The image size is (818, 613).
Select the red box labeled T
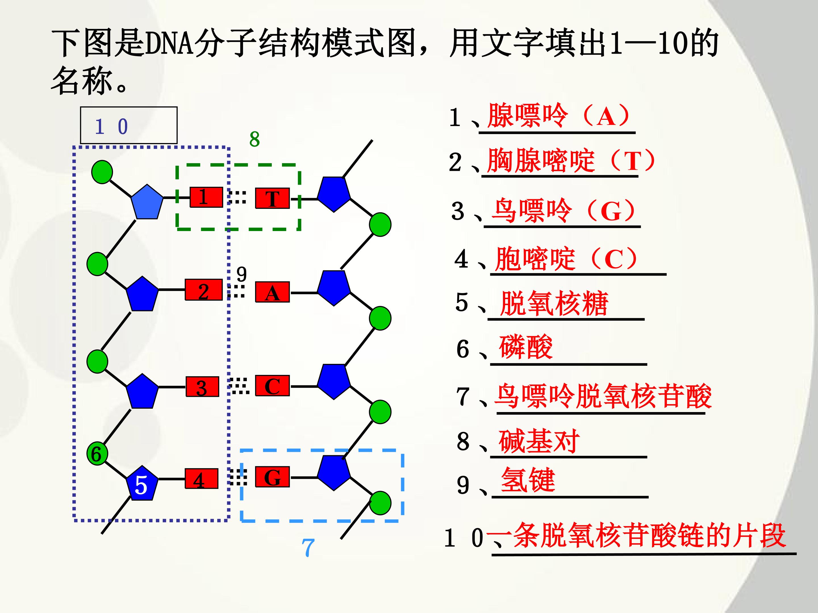[x=272, y=198]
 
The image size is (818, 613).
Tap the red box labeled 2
[x=203, y=290]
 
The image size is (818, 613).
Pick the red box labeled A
[x=272, y=292]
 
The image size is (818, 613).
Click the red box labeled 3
[x=202, y=387]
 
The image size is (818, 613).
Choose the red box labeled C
[x=272, y=386]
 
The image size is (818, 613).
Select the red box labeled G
[x=272, y=477]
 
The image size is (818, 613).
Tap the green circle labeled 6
[x=97, y=454]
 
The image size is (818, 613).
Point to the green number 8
[x=254, y=139]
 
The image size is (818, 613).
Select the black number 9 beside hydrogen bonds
[x=241, y=274]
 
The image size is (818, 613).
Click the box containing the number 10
[x=129, y=125]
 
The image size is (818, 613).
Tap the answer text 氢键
[x=528, y=480]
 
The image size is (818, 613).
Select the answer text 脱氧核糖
[x=554, y=303]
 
